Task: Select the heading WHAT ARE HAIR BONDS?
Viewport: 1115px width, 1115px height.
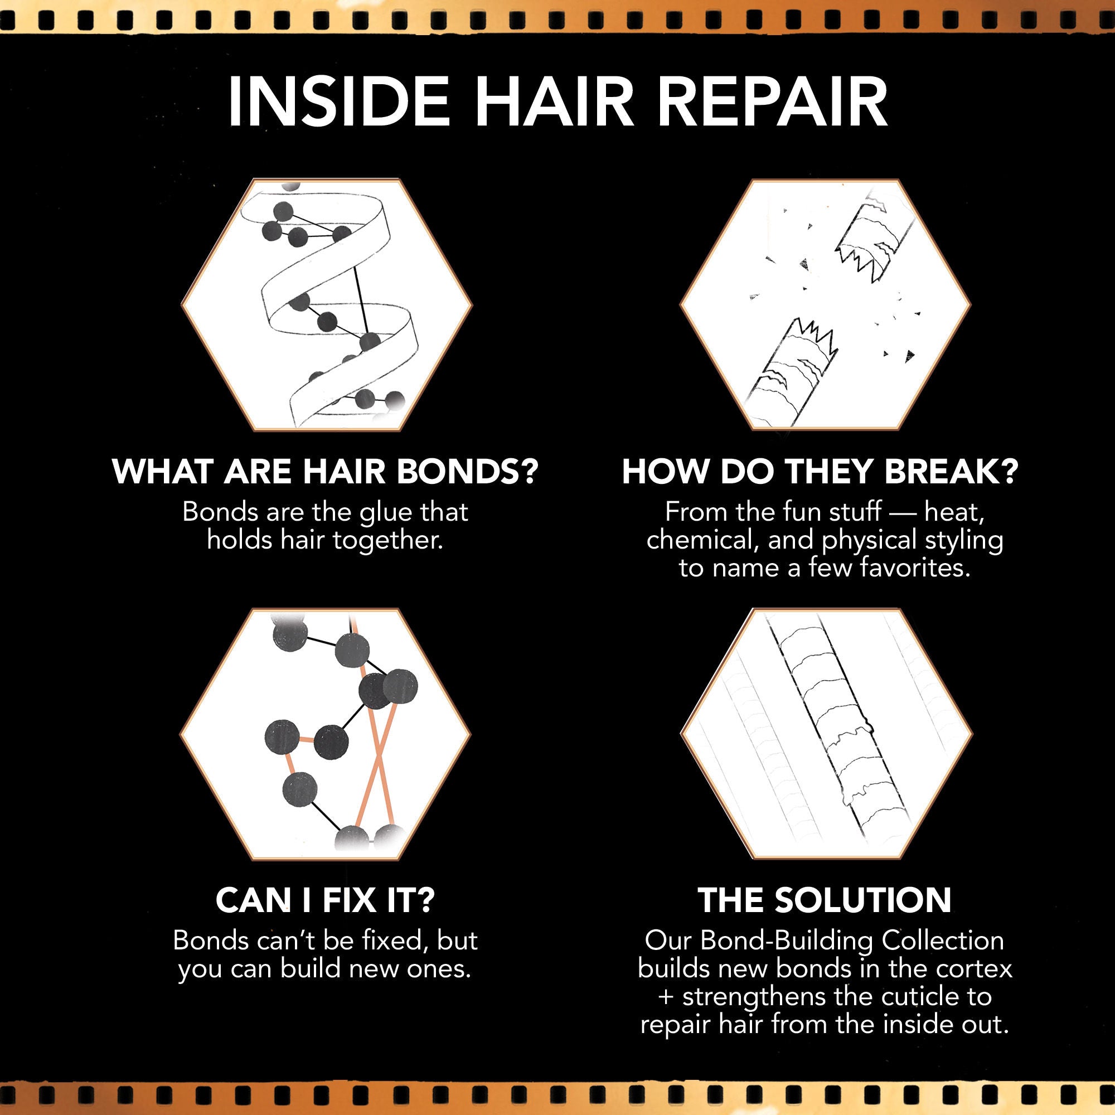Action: [x=325, y=472]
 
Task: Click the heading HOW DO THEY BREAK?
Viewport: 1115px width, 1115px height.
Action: [x=820, y=472]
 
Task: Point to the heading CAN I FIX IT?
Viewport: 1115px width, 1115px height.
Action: [x=325, y=900]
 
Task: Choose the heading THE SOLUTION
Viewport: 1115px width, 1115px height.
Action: [x=825, y=900]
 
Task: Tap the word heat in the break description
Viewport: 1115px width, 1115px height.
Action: [x=953, y=512]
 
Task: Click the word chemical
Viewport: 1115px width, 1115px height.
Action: [x=700, y=541]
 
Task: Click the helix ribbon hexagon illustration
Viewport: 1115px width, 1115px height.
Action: [x=327, y=304]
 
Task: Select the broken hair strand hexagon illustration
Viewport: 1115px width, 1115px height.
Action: [x=825, y=304]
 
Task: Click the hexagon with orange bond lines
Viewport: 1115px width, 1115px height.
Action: [x=326, y=734]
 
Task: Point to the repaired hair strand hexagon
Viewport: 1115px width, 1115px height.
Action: [x=826, y=734]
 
